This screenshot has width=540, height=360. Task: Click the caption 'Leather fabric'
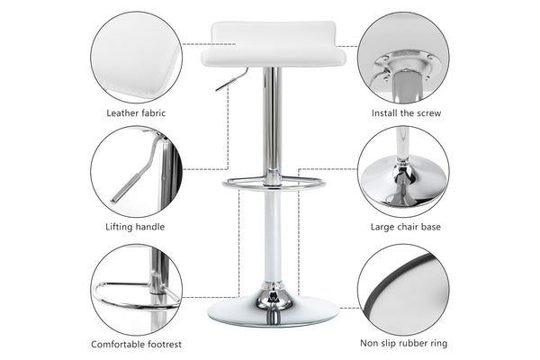136,113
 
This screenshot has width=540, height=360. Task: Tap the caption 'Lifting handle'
135,227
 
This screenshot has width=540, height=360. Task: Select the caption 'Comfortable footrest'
136,344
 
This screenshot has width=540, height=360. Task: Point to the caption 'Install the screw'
406,113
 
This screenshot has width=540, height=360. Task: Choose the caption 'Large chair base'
406,227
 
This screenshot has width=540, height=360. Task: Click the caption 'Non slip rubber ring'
403,343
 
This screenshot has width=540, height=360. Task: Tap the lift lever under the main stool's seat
232,79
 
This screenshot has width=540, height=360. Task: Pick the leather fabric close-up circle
137,58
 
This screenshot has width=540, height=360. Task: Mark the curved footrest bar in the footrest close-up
130,301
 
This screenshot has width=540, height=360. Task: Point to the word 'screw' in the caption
428,113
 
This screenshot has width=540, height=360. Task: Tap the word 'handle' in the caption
149,227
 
